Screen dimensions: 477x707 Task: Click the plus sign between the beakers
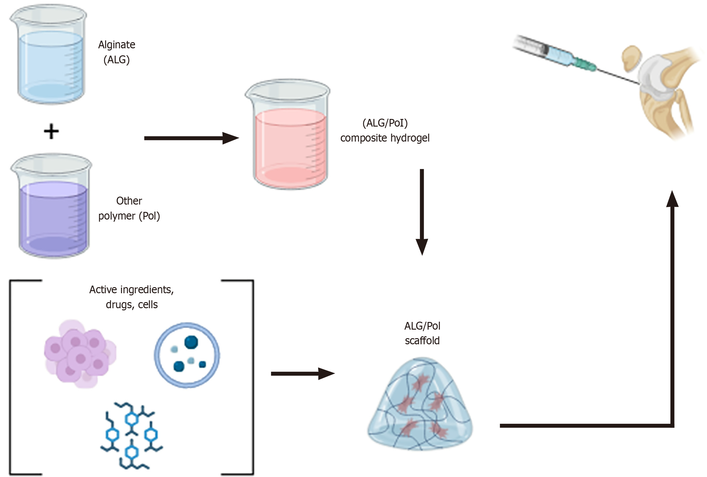tap(51, 131)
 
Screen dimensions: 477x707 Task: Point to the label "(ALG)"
tap(117, 60)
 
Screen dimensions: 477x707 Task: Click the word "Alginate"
tap(117, 45)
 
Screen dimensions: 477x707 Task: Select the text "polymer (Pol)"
tap(129, 216)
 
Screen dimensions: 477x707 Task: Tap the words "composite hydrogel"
tap(385, 138)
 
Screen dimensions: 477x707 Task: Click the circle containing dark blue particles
tap(187, 355)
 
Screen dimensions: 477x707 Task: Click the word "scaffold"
tap(422, 341)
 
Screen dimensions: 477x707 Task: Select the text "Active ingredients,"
tap(132, 290)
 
